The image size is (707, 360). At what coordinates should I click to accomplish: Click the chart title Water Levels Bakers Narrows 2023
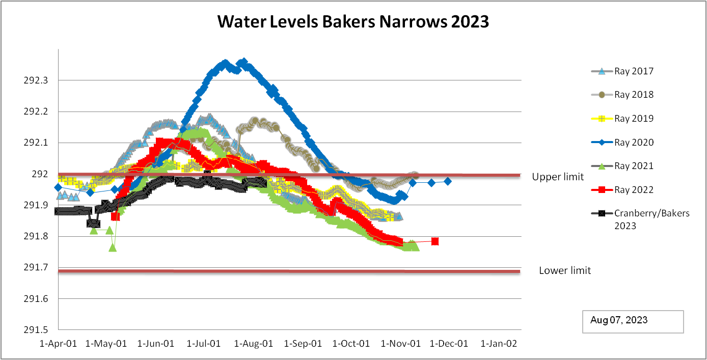[x=353, y=22]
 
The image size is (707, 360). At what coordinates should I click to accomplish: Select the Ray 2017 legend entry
[x=634, y=71]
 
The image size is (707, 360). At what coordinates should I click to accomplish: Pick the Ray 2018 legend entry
[x=634, y=95]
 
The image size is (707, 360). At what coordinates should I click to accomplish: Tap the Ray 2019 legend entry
[x=634, y=119]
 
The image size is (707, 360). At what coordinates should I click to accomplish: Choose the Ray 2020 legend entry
[x=634, y=143]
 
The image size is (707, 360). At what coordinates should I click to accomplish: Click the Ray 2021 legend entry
[x=634, y=166]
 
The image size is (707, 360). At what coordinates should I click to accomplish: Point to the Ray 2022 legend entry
[x=634, y=190]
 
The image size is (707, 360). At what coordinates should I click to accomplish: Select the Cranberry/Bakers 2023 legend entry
[x=651, y=219]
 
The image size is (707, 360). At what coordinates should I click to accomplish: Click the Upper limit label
[x=558, y=177]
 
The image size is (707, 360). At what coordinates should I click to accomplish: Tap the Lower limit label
[x=565, y=271]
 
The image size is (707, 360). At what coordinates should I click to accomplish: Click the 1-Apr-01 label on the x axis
[x=59, y=344]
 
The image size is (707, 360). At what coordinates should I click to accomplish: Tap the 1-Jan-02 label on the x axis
[x=499, y=344]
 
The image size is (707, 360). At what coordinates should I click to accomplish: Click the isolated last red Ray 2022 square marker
[x=435, y=241]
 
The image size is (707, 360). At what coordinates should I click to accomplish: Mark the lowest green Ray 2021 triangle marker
[x=113, y=247]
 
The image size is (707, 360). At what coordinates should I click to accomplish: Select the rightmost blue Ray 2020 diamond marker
[x=448, y=181]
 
